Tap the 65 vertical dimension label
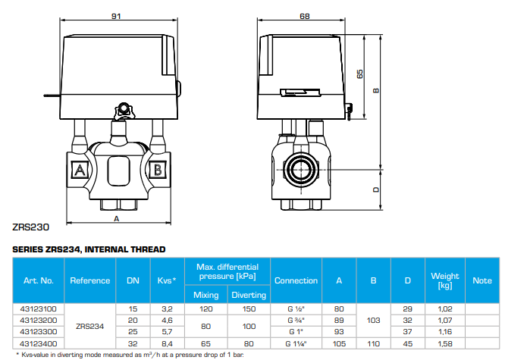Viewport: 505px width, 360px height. (360, 74)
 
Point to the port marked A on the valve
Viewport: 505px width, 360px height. (78, 167)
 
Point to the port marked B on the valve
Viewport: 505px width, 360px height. (157, 167)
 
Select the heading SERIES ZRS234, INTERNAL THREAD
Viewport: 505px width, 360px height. (89, 249)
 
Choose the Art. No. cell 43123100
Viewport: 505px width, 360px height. (38, 309)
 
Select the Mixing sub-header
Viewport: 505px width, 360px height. (205, 295)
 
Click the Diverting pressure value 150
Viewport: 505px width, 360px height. (249, 309)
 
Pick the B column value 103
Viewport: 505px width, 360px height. (373, 320)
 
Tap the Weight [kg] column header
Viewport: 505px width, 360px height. (445, 280)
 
